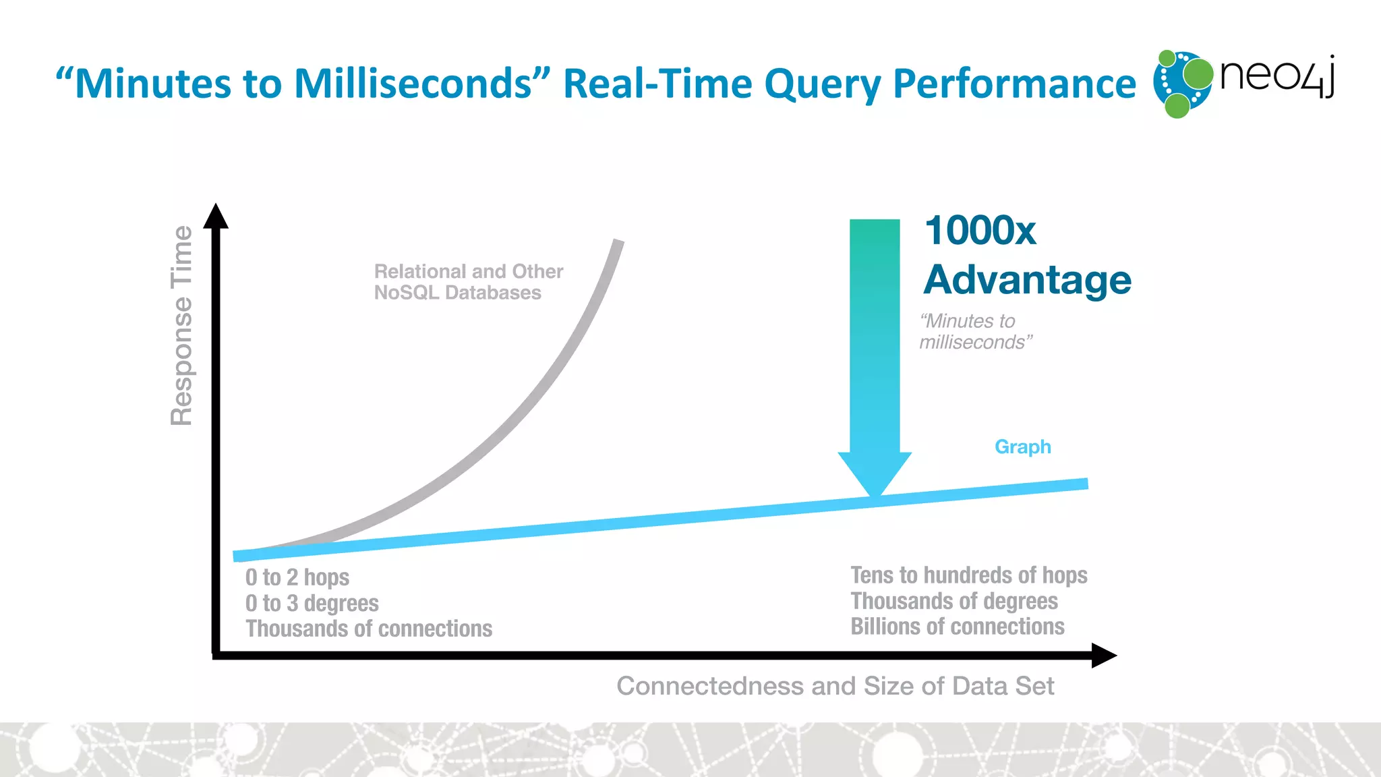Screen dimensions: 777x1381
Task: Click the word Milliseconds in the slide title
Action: tap(413, 84)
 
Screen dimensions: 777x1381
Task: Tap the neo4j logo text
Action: tap(1276, 76)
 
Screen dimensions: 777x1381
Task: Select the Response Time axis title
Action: tap(181, 325)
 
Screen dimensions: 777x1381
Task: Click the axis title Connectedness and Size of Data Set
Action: tap(835, 686)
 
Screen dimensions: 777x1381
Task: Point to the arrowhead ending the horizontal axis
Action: tap(1103, 655)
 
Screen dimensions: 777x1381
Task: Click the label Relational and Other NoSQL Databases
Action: tap(468, 282)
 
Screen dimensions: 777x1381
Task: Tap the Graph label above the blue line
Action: tap(1022, 447)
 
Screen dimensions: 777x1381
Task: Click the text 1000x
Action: tap(980, 231)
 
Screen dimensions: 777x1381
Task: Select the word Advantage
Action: tap(1027, 279)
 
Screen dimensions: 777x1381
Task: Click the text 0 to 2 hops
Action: tap(297, 577)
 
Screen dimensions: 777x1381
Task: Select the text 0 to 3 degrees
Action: tap(312, 603)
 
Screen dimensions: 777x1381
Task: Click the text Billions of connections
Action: tap(957, 627)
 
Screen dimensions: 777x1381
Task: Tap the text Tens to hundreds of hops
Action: tap(968, 575)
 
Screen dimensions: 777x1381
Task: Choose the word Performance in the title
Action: tap(1014, 84)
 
